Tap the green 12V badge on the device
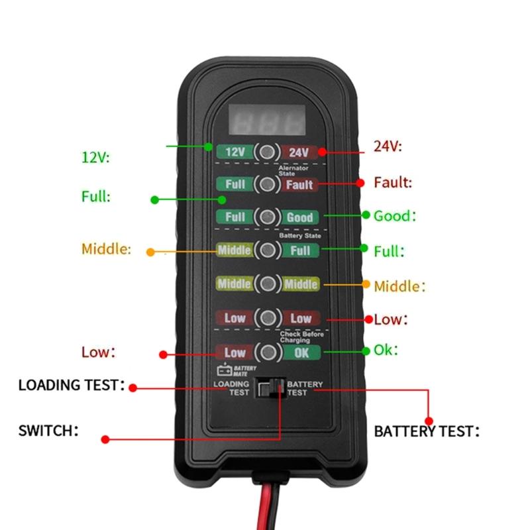pyautogui.click(x=235, y=152)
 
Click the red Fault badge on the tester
pyautogui.click(x=299, y=184)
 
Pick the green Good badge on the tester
pyautogui.click(x=299, y=217)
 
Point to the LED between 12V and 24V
pyautogui.click(x=266, y=152)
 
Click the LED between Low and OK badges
pyautogui.click(x=267, y=352)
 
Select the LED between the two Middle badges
pyautogui.click(x=267, y=284)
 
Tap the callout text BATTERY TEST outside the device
pyautogui.click(x=427, y=432)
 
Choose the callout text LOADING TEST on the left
pyautogui.click(x=71, y=385)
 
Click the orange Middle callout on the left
pyautogui.click(x=106, y=249)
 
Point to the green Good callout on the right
pyautogui.click(x=395, y=216)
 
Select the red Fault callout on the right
pyautogui.click(x=393, y=182)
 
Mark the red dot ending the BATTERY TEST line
pyautogui.click(x=429, y=420)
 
